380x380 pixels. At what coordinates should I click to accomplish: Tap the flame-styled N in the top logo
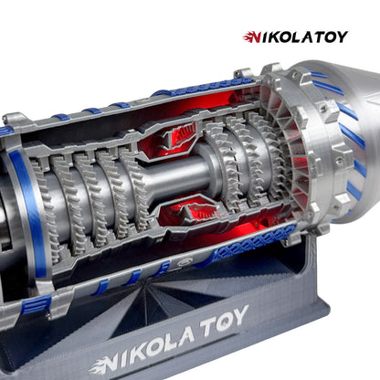(x=252, y=37)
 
